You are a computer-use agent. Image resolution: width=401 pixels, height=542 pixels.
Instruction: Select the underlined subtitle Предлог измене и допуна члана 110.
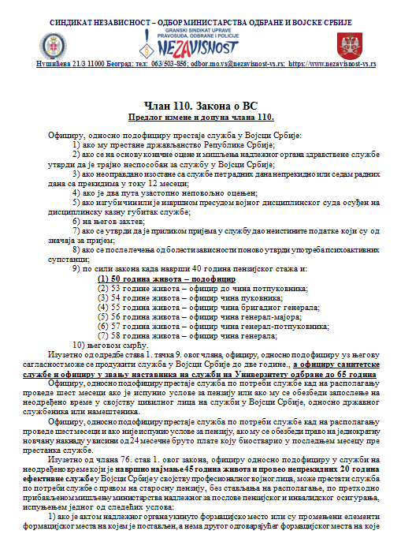click(x=200, y=117)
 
